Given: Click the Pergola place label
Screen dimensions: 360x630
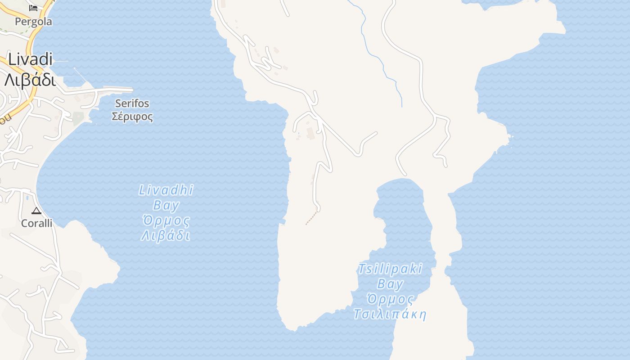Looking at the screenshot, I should (x=33, y=22).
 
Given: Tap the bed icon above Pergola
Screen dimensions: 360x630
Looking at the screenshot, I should (x=33, y=8).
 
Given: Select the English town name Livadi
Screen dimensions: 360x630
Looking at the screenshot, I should (x=30, y=59).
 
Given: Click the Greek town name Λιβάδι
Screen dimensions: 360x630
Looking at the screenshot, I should (x=30, y=80).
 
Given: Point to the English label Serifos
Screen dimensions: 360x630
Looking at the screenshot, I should (x=132, y=103).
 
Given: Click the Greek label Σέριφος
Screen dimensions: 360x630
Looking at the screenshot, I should (x=132, y=117).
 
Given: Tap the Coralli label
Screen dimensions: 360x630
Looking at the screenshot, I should (x=37, y=223).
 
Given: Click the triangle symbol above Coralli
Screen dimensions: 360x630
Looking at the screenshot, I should (x=36, y=211).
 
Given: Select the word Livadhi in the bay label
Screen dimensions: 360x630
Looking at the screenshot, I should (x=166, y=190).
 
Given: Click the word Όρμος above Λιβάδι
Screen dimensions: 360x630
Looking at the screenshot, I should (x=166, y=221).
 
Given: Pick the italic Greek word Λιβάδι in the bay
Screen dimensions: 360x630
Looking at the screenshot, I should (x=166, y=236).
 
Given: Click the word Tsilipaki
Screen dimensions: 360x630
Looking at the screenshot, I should (x=390, y=269).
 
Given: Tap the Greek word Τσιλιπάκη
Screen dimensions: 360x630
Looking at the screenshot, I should (x=390, y=314).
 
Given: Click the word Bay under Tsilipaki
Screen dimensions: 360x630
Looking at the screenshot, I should (x=390, y=284).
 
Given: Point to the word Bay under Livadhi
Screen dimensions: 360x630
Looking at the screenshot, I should (x=166, y=206).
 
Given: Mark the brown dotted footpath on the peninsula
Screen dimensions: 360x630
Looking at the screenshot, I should (x=311, y=218).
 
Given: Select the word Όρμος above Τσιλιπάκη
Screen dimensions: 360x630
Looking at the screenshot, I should (x=390, y=299).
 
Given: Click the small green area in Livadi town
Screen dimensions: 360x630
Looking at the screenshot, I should (x=78, y=118).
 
